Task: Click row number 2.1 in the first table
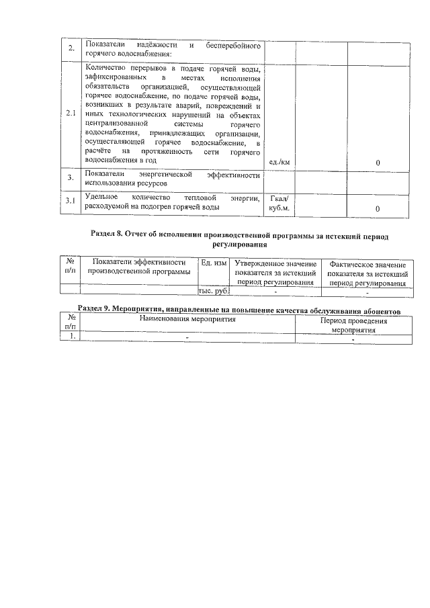click(x=70, y=114)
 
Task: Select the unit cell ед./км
click(x=279, y=162)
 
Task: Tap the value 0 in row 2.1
click(x=378, y=163)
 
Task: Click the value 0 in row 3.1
click(x=378, y=209)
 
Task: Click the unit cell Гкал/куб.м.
click(x=279, y=204)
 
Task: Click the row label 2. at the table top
click(x=70, y=50)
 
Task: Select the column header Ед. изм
click(x=214, y=263)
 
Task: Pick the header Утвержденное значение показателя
click(x=275, y=273)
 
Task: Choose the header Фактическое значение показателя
click(x=368, y=273)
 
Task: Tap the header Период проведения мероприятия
click(x=353, y=326)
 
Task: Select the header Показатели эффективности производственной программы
click(x=138, y=267)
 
